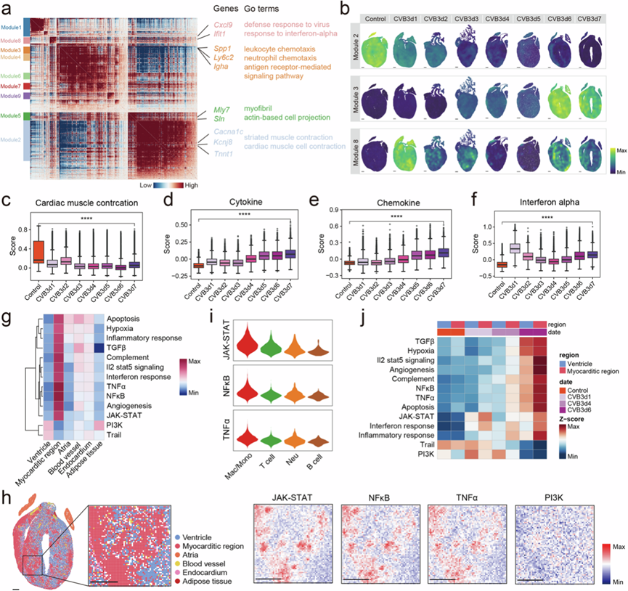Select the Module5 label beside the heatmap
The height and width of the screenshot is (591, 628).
pyautogui.click(x=12, y=115)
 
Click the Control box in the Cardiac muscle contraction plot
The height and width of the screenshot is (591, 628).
pyautogui.click(x=38, y=250)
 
